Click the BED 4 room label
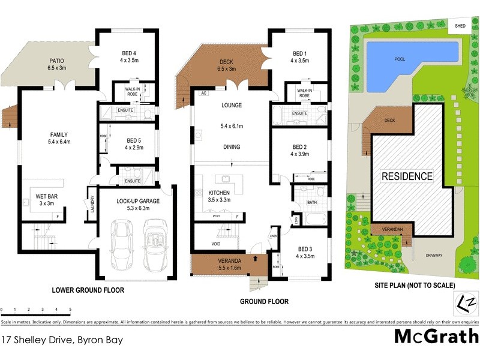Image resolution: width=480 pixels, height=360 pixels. (130, 52)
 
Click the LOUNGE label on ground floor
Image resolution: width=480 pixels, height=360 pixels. (231, 105)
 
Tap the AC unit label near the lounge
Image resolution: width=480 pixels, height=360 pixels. (203, 94)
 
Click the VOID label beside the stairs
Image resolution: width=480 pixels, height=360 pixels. (217, 244)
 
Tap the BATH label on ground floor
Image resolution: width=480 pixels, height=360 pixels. (311, 203)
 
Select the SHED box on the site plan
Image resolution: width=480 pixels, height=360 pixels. (460, 26)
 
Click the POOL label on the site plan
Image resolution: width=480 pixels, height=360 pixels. (400, 59)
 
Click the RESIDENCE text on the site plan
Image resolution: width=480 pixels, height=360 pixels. (407, 176)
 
